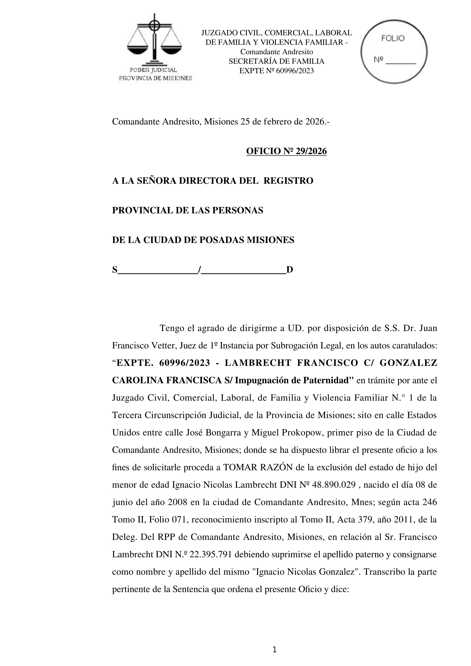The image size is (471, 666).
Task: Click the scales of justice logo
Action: [154, 41]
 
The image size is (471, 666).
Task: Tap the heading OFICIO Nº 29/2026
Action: [286, 152]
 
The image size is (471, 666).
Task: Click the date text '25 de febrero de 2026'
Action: [281, 122]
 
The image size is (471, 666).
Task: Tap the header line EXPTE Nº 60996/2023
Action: [276, 71]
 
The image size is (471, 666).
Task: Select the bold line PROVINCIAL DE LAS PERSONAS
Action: [188, 210]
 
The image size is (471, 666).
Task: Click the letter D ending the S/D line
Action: [290, 270]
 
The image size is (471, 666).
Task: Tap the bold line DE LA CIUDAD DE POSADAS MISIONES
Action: [203, 240]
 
